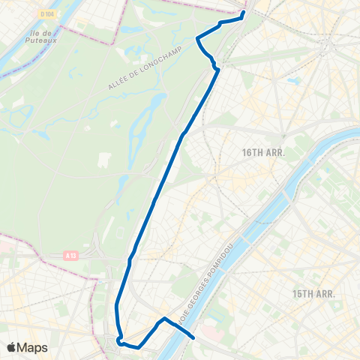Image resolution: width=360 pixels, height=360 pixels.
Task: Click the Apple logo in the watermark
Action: point(12,347)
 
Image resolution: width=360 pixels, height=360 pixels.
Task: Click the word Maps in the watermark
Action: point(34,347)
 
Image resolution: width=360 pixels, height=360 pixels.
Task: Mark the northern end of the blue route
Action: point(244,13)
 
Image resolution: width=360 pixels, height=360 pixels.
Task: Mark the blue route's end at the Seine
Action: point(194,337)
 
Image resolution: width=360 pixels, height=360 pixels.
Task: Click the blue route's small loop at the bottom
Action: point(119,342)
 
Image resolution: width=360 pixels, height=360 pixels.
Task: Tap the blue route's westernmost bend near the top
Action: point(197,37)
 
